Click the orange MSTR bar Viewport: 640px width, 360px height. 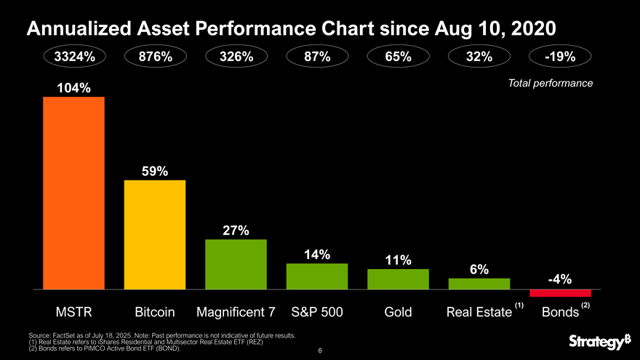click(x=73, y=193)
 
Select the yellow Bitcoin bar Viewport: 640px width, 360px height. click(x=155, y=234)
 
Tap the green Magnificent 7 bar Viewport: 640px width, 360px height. click(x=236, y=264)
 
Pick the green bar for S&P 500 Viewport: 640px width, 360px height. click(x=317, y=276)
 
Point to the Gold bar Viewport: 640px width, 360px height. click(x=398, y=279)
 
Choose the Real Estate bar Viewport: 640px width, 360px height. click(x=479, y=284)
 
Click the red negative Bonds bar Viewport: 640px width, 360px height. click(x=560, y=293)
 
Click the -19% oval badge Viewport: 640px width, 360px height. click(x=560, y=57)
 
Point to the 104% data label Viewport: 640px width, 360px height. click(x=74, y=88)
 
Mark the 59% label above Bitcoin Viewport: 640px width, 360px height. click(x=154, y=171)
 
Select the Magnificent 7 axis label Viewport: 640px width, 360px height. click(x=236, y=313)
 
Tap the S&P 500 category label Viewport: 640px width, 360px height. click(x=316, y=313)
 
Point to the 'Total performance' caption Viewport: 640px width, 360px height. click(x=551, y=84)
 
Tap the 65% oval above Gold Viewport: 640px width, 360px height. click(x=398, y=57)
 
